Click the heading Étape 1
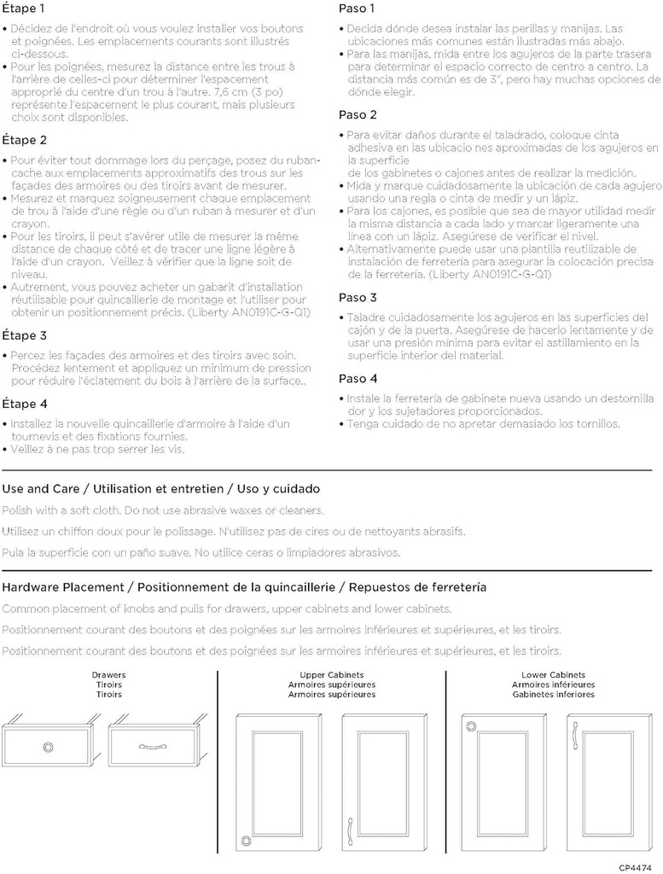pyautogui.click(x=25, y=9)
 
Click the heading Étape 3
pyautogui.click(x=25, y=336)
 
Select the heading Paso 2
pyautogui.click(x=358, y=115)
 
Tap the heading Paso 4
pyautogui.click(x=358, y=379)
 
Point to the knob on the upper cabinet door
pyautogui.click(x=247, y=841)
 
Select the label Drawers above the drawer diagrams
pyautogui.click(x=108, y=675)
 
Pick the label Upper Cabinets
pyautogui.click(x=331, y=675)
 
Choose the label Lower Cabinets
pyautogui.click(x=553, y=675)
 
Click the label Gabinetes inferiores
pyautogui.click(x=553, y=695)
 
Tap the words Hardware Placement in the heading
pyautogui.click(x=62, y=587)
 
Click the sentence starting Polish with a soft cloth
pyautogui.click(x=163, y=510)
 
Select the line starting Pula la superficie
pyautogui.click(x=201, y=552)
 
